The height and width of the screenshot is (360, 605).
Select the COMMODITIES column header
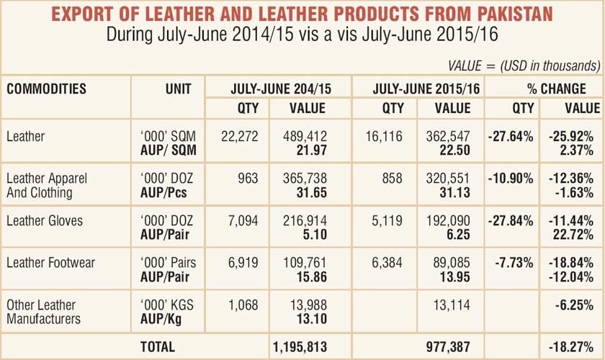pos(47,89)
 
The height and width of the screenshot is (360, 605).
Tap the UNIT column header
pos(178,89)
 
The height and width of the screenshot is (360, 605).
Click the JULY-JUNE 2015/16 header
pos(417,89)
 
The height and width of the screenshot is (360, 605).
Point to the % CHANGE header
pos(544,89)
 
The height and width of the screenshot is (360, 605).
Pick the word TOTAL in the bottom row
pos(158,346)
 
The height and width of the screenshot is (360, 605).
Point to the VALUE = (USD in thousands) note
pos(524,66)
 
